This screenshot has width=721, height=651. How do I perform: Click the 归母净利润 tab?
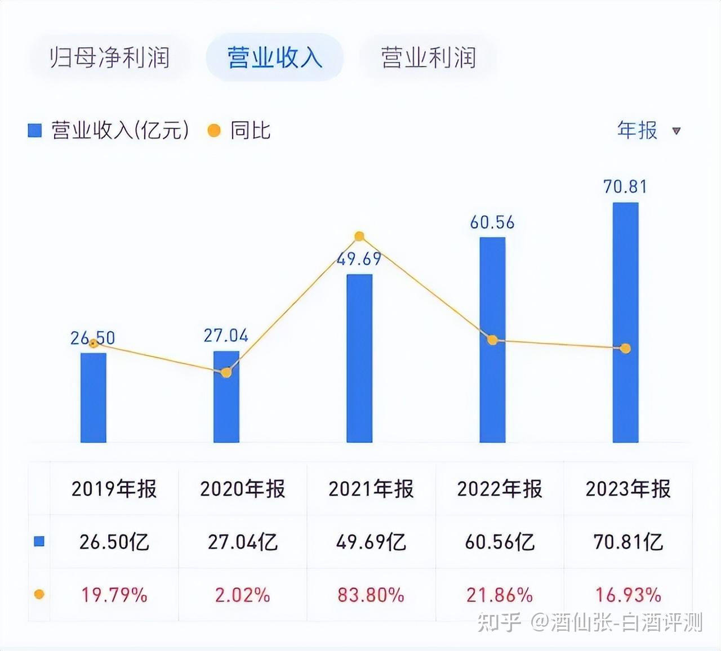[109, 57]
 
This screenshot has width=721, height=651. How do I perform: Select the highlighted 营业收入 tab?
[274, 57]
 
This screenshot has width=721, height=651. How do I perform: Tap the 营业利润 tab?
[428, 57]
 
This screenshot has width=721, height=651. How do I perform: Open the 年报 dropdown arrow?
[677, 131]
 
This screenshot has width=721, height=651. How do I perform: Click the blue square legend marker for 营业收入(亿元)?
[35, 131]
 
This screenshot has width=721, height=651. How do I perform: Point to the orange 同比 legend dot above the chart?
[214, 131]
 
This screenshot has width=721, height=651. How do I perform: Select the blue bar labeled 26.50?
[94, 398]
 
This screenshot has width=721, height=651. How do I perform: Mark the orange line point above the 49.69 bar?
[359, 237]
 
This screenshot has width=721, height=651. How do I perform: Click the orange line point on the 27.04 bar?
[226, 372]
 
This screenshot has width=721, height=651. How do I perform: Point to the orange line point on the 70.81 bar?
[625, 349]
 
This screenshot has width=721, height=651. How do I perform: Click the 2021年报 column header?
[371, 489]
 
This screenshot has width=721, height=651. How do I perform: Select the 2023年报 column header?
[628, 489]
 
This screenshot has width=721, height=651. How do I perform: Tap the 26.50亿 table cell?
[114, 542]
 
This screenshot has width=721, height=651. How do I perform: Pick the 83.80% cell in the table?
[371, 595]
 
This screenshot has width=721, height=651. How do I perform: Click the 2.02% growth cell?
[243, 595]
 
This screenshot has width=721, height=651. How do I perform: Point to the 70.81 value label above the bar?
[625, 186]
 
